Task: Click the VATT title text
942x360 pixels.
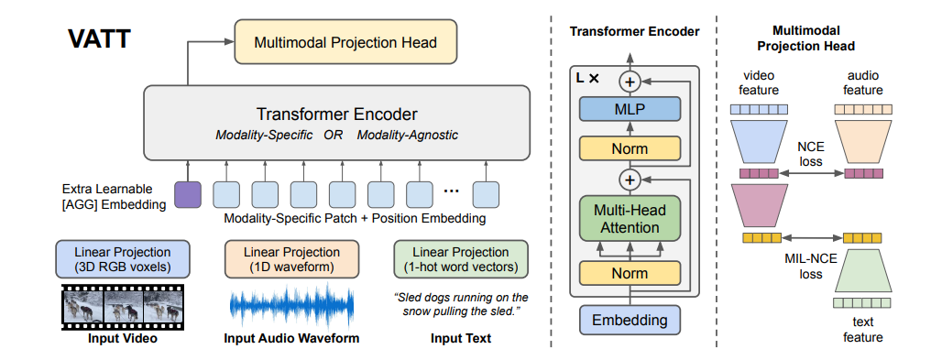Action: click(100, 39)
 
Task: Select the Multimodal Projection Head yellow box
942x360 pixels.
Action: click(345, 42)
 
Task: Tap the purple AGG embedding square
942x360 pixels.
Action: click(188, 194)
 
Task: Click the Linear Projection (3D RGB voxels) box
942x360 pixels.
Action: click(123, 259)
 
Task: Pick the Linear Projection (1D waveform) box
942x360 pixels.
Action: click(291, 259)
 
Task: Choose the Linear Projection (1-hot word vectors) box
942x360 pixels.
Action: click(461, 259)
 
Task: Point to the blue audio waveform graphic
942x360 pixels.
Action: click(291, 306)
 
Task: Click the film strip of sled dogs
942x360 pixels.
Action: click(123, 307)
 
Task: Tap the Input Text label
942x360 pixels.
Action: click(461, 338)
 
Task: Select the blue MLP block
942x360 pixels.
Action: click(630, 109)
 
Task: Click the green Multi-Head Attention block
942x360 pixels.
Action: click(630, 219)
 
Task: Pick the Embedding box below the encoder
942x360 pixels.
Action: click(630, 320)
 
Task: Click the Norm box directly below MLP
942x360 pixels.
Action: click(630, 147)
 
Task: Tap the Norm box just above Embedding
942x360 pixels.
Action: click(630, 274)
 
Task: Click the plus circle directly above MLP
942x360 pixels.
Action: click(630, 82)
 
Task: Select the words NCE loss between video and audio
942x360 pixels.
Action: click(811, 154)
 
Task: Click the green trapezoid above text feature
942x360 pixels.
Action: click(863, 269)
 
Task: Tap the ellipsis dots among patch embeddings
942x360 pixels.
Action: click(451, 191)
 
